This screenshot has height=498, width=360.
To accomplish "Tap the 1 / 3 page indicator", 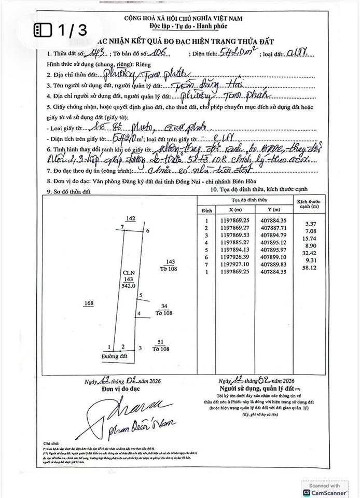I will [61, 30].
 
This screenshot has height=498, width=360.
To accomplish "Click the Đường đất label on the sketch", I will [115, 357].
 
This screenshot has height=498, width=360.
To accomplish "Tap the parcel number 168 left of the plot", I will [90, 303].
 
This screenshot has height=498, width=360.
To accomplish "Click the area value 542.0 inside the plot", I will [128, 285].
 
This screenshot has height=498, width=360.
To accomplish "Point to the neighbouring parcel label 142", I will [130, 219].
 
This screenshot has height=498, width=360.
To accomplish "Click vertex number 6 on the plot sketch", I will [148, 231].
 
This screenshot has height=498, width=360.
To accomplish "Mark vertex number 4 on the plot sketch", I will [139, 314].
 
